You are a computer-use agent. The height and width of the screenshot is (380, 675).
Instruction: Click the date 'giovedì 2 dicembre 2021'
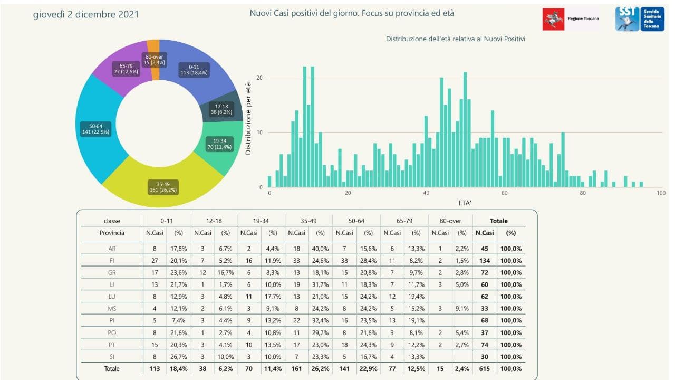86,14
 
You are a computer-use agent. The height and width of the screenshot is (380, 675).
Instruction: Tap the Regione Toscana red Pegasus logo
553,20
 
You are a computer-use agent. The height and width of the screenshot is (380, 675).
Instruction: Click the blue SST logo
640,19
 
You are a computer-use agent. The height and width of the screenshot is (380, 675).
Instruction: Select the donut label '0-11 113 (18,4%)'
194,70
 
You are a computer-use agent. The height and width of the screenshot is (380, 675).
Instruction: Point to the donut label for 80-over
155,60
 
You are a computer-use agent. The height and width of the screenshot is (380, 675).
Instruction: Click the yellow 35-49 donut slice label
163,187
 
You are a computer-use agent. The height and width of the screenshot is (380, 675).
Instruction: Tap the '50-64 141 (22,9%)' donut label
95,129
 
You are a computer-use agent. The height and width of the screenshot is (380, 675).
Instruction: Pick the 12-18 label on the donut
221,109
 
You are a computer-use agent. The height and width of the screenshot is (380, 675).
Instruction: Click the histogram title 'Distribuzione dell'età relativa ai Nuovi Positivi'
455,39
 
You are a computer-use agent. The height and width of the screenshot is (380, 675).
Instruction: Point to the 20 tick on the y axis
259,78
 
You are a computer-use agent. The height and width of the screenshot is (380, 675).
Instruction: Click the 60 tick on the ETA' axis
505,193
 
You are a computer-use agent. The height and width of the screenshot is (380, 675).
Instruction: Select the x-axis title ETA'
465,203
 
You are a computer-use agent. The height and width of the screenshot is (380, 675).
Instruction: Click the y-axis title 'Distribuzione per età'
248,119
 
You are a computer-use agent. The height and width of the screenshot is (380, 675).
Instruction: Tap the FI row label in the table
112,261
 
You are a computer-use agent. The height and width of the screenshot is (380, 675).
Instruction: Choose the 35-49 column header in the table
308,221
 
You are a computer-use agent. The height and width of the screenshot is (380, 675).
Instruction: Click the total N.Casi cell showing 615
485,368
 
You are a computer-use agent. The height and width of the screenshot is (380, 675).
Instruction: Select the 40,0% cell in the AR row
320,249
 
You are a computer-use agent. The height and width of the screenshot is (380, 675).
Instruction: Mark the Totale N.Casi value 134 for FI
485,261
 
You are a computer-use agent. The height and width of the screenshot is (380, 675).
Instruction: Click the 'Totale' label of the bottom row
112,368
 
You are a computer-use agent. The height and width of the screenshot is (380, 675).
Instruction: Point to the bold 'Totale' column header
498,221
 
